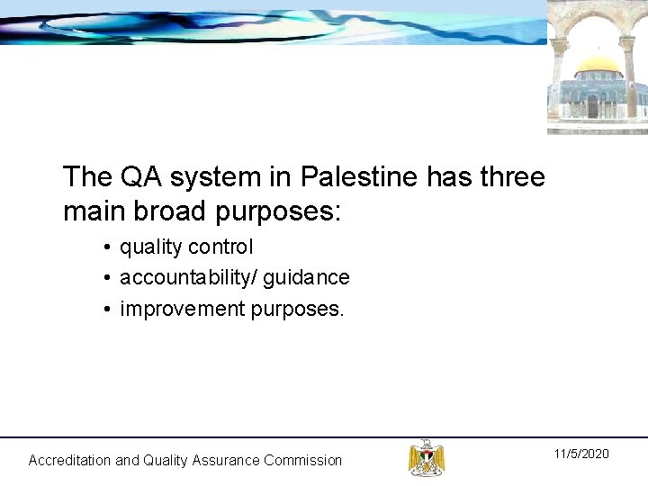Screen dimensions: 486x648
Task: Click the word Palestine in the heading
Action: (359, 177)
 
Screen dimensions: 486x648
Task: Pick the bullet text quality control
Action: (186, 247)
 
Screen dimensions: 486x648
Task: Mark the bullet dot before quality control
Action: (106, 247)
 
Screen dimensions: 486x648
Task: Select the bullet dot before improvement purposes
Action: (106, 310)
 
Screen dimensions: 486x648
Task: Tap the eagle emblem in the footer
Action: (426, 457)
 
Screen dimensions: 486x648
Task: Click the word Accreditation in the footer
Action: (69, 460)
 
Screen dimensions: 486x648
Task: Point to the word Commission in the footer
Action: (302, 460)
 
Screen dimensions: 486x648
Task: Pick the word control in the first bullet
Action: (225, 247)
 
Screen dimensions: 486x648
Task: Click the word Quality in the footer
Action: (168, 460)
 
